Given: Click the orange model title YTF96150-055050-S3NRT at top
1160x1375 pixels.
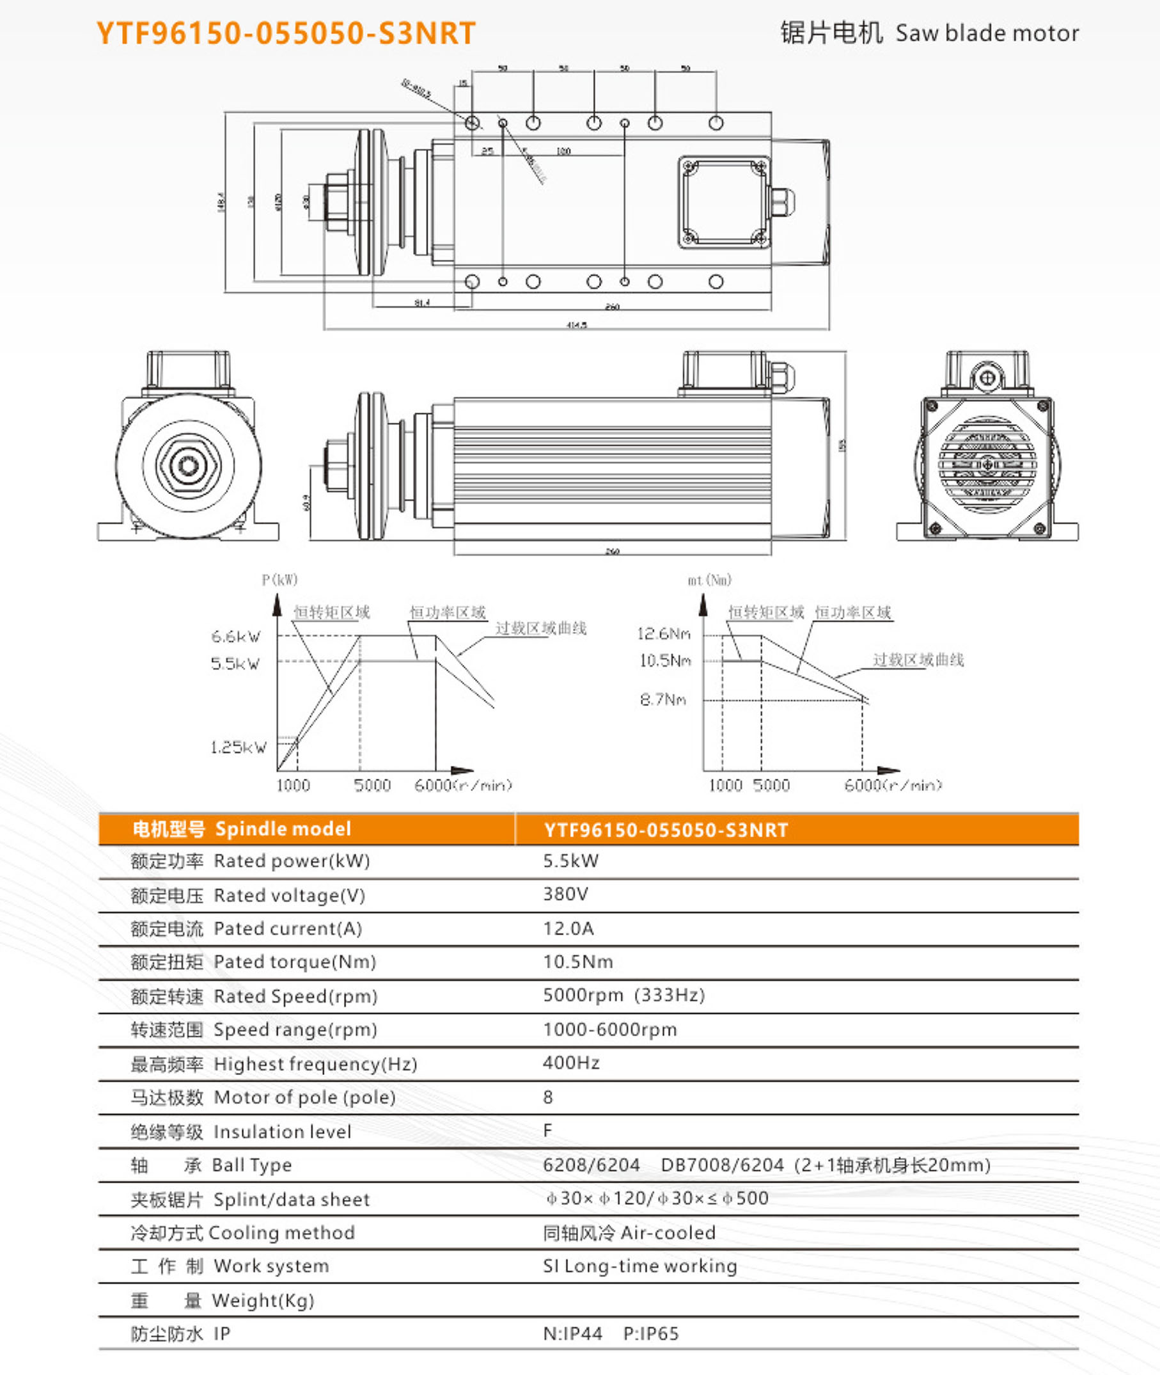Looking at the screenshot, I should point(285,33).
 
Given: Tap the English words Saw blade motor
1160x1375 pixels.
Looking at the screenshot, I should point(987,33).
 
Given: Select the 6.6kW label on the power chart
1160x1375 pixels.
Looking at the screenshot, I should point(235,636).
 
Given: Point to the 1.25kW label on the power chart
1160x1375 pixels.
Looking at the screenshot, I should point(238,747).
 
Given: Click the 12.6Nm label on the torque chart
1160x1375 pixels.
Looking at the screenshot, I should point(664,633).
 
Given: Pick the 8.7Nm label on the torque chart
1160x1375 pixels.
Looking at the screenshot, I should point(663,699).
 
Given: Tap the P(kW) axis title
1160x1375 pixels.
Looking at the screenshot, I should point(279,580).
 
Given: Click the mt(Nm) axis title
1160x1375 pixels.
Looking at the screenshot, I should point(709,580).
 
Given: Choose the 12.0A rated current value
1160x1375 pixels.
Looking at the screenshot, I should point(568,928).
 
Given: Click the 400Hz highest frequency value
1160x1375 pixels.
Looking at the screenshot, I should point(571,1063).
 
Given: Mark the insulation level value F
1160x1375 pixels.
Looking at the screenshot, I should point(547,1130).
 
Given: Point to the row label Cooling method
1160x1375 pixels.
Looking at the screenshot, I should point(281,1232).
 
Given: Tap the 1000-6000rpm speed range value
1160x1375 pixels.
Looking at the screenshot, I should point(609,1029).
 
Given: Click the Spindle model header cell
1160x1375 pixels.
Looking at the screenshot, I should point(283,829).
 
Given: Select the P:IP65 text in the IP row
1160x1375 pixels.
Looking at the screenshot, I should point(650,1333).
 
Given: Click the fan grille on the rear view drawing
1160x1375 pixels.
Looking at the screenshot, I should point(987,465).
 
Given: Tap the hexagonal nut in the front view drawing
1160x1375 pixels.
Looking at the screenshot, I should point(188,465).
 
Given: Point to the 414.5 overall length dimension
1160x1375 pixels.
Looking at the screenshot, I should point(576,325).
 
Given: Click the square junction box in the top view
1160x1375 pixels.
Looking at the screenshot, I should point(724,202).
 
